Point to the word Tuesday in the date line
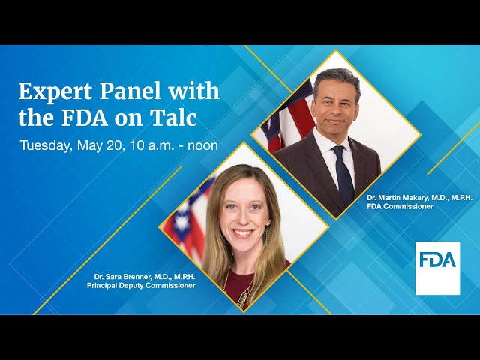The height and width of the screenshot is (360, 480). pos(45,145)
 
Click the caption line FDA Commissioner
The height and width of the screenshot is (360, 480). pos(400,206)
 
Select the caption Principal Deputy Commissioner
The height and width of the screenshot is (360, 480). pos(140,286)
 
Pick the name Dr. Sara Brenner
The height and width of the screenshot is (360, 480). pos(124,277)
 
